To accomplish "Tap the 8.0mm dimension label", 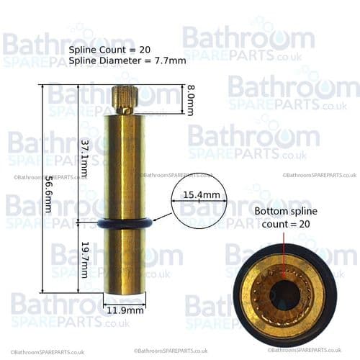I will (x=190, y=100).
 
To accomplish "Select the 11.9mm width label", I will (x=125, y=310).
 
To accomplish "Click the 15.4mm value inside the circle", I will (x=199, y=195).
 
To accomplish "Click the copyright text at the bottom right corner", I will (x=318, y=351).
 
